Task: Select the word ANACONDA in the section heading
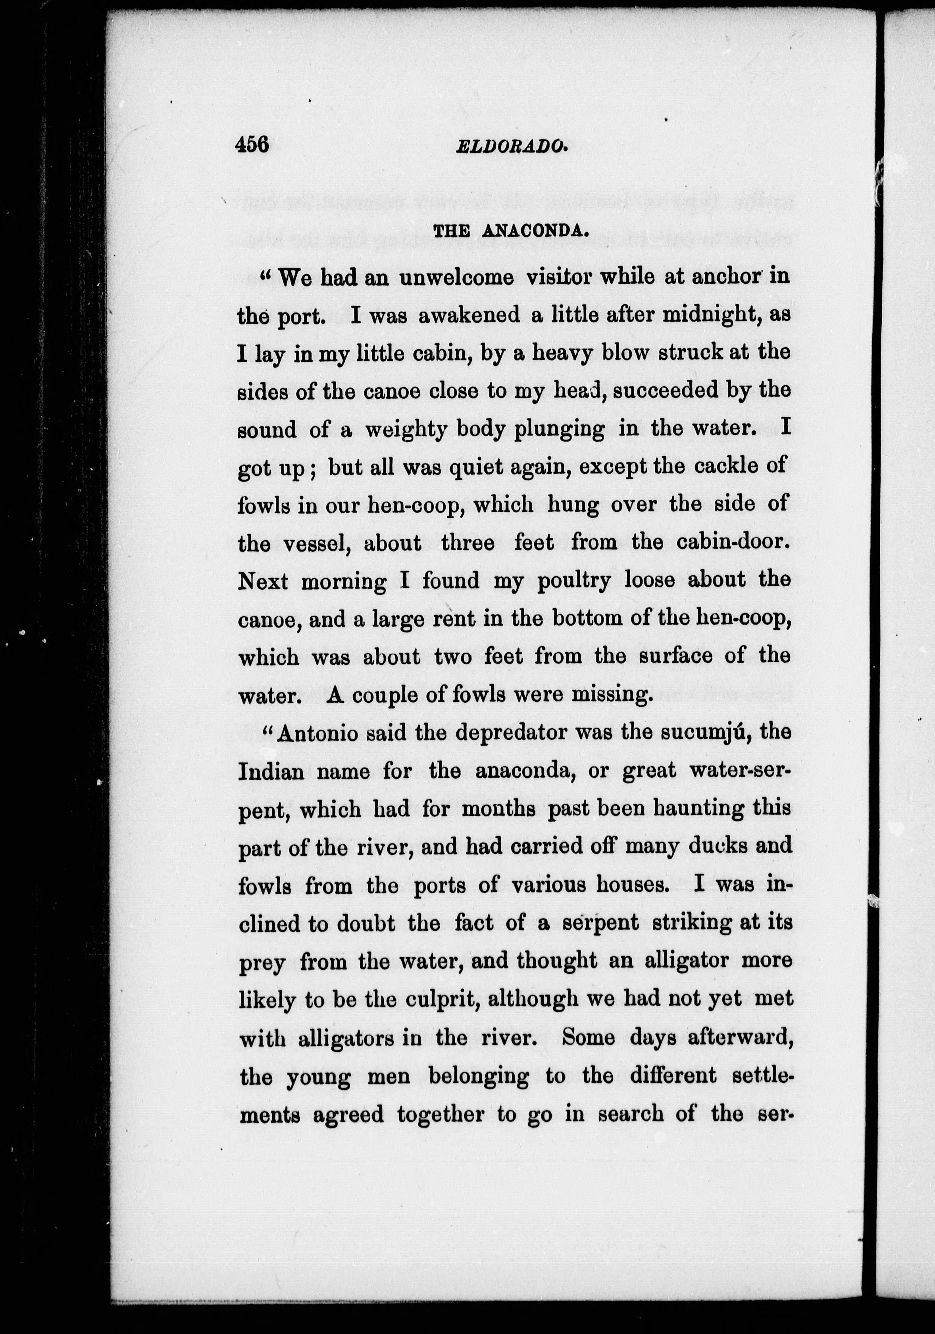(533, 231)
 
